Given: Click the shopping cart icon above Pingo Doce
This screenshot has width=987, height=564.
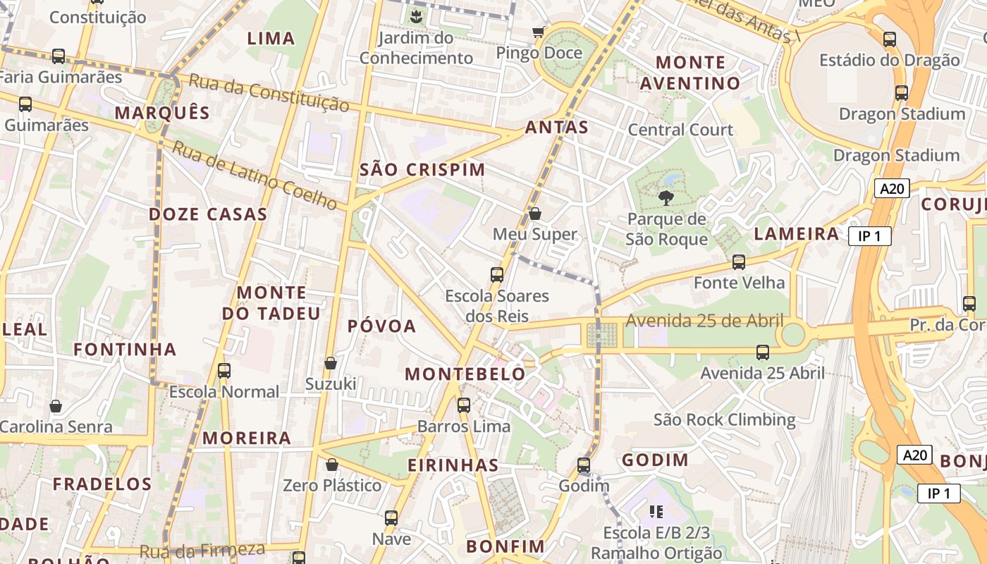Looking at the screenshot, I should pos(539,32).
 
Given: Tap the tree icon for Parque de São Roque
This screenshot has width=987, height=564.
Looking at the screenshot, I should pos(666,198).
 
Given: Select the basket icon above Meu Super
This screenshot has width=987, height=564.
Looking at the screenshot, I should pos(535,214).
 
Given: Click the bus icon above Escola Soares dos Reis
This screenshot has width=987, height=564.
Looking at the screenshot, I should pos(497,274).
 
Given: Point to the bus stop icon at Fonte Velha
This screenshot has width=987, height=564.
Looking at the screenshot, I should pos(739,262).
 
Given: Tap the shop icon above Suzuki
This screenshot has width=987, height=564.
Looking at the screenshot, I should pos(330,363).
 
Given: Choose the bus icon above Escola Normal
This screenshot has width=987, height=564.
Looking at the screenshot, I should pos(224,370).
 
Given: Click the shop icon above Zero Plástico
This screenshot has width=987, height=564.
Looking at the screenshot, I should pos(331,465).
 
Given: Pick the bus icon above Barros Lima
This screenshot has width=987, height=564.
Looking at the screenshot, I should pos(463,405).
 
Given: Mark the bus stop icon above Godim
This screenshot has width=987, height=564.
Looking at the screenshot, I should pos(584,465).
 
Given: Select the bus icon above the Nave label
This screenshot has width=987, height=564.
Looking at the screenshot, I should pos(391,518).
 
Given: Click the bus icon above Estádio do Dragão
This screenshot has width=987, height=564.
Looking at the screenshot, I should pos(890,39).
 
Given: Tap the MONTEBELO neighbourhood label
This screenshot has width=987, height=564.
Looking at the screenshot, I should pos(466,374).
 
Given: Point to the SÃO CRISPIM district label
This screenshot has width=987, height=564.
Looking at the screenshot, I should pos(422,170).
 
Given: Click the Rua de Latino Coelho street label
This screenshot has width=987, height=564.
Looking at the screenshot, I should pos(255,176).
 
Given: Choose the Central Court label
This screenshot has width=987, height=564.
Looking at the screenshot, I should pos(680,130).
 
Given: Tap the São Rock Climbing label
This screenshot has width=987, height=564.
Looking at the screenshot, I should pos(724,420).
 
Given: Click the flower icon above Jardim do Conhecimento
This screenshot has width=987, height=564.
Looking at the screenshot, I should pos(416,14).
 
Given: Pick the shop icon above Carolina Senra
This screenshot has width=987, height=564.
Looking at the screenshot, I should pos(56,406).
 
